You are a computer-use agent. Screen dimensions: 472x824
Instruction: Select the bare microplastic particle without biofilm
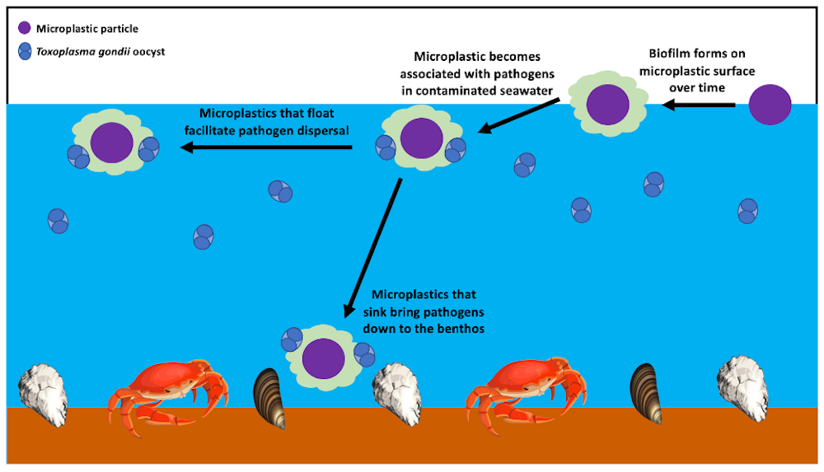(770, 104)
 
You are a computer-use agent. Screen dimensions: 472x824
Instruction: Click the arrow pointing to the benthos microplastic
(372, 247)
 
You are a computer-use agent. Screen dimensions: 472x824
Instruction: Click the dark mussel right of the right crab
(645, 392)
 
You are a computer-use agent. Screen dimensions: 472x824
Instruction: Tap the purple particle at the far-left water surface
(111, 143)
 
